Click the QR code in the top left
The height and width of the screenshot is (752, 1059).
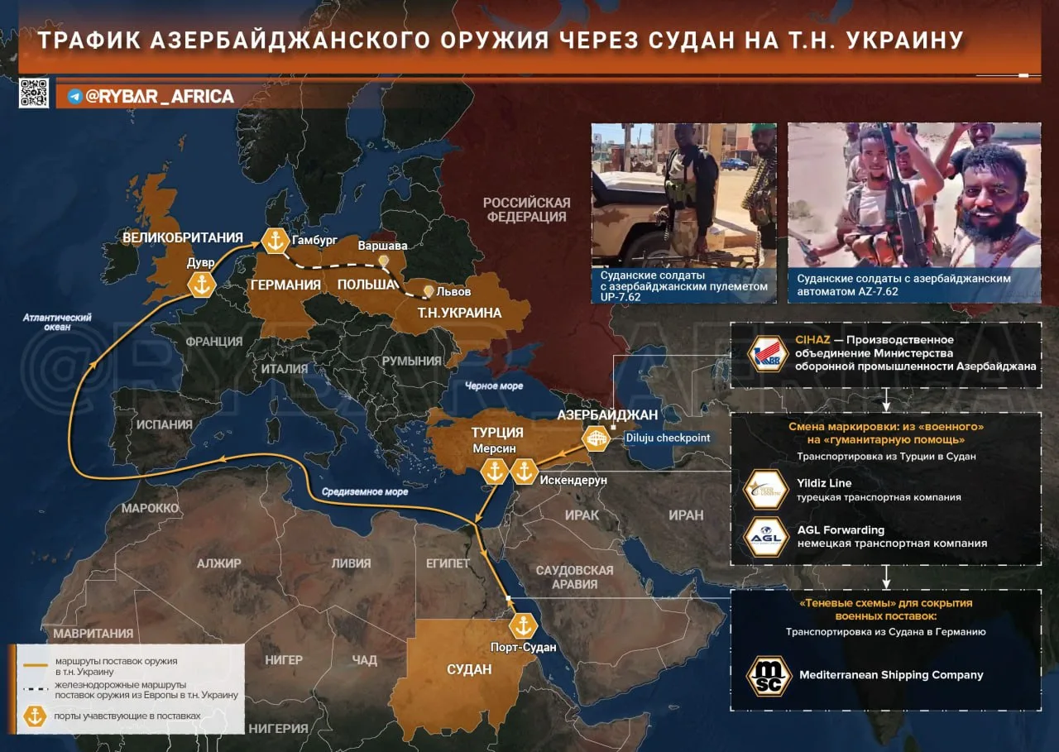pos(34,93)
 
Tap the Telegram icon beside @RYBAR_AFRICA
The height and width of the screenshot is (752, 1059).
pos(75,97)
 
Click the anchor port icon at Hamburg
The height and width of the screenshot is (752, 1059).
pos(275,241)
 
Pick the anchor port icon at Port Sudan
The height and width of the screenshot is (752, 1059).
pos(523,625)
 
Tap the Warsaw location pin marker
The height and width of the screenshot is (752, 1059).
pos(383,261)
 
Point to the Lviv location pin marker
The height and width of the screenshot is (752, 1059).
pos(428,291)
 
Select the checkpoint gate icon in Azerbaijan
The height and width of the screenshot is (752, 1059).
pos(596,438)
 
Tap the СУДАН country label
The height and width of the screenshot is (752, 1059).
pos(469,668)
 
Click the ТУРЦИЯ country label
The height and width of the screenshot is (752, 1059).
pos(497,432)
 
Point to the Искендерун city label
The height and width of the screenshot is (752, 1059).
pos(573,480)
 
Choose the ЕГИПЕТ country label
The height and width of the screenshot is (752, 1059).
pos(448,563)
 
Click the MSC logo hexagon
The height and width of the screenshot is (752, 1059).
pos(769,675)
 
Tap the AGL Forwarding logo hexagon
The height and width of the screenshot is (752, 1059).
pos(766,537)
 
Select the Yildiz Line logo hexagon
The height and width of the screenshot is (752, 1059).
pos(766,490)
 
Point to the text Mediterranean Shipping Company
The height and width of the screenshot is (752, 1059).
pos(891,674)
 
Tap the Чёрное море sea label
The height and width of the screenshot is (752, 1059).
pos(493,386)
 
